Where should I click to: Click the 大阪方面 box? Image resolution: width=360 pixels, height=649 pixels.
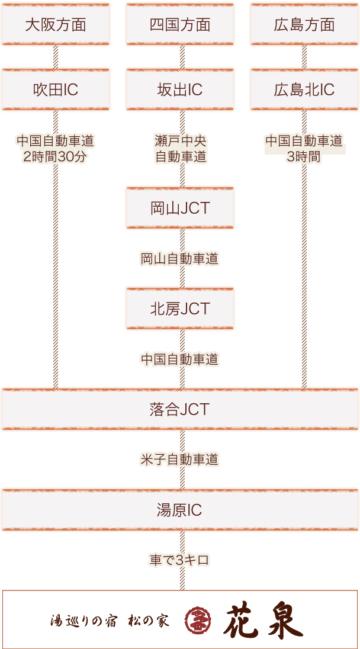(x=56, y=24)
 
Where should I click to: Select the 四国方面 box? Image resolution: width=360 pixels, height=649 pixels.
(x=180, y=24)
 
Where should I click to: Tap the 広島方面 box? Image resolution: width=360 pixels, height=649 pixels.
(x=304, y=24)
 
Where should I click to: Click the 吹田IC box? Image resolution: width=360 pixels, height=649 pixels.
(x=56, y=89)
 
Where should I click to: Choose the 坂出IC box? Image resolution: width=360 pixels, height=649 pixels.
(x=180, y=89)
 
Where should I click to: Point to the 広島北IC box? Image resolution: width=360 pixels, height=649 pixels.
(x=304, y=89)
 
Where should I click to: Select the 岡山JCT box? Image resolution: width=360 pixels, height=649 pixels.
(x=180, y=208)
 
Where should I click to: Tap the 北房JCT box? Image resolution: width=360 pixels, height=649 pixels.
(x=180, y=309)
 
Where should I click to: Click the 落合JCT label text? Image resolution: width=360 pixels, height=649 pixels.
(x=180, y=409)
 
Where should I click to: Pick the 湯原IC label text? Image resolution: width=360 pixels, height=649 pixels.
(x=180, y=510)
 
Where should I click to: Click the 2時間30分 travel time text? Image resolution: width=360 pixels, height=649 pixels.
(x=56, y=157)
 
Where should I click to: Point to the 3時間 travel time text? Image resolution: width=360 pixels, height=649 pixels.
(x=304, y=157)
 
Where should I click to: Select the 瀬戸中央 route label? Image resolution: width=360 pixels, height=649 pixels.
(x=180, y=142)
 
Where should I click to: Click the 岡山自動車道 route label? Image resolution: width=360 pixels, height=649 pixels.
(x=180, y=258)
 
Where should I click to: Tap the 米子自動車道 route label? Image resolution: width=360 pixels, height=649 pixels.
(x=180, y=460)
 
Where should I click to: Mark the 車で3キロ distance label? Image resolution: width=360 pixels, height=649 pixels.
(x=180, y=560)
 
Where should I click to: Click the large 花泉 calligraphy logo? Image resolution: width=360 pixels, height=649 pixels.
(x=263, y=620)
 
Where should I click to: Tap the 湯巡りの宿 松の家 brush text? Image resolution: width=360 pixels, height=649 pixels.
(x=110, y=621)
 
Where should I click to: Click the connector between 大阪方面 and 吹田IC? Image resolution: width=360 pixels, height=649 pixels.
(x=56, y=57)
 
